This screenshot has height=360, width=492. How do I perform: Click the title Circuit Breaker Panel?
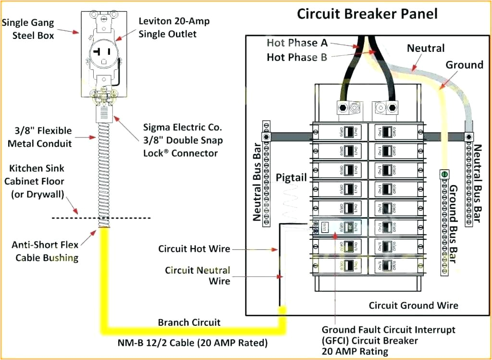(367, 14)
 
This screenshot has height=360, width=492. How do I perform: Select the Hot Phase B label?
(297, 58)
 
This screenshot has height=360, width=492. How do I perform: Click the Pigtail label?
(291, 178)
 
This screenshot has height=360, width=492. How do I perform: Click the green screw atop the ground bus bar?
(445, 174)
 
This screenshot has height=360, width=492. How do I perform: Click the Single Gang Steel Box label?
(28, 29)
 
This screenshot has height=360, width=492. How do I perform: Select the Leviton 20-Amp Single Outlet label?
(174, 27)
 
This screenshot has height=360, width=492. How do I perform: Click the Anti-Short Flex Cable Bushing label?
(45, 251)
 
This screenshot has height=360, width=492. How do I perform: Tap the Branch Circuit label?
(189, 322)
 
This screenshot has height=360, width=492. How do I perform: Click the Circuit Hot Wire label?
(194, 249)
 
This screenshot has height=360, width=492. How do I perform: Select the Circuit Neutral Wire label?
(197, 275)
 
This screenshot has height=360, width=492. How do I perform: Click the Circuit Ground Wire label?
(413, 305)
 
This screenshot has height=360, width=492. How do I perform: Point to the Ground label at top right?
(464, 65)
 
